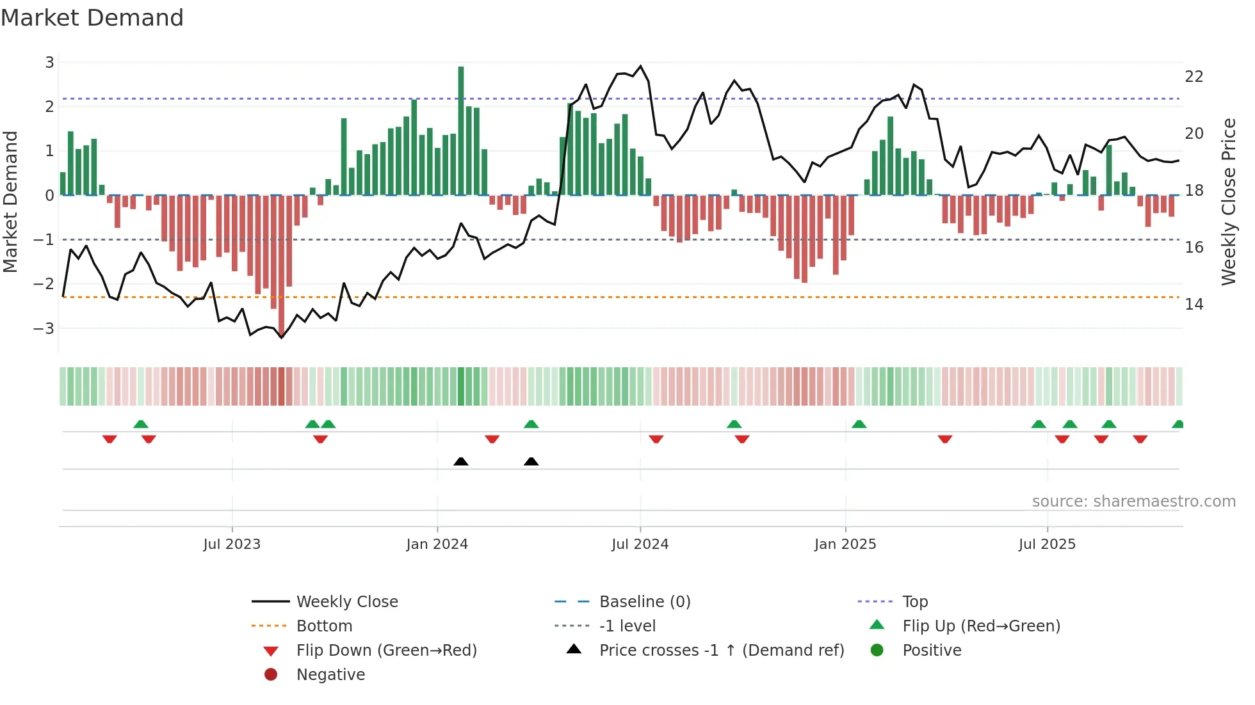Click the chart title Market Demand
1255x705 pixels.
[92, 18]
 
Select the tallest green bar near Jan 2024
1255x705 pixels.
[461, 131]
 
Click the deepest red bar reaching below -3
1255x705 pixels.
[282, 265]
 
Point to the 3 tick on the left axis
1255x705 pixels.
[49, 63]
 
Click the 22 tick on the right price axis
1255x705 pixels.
[1194, 77]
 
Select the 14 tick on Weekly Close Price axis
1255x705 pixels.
[1194, 305]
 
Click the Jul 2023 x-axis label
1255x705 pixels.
[232, 544]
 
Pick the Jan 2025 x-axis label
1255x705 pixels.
[845, 544]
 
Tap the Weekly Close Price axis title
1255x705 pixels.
[1228, 202]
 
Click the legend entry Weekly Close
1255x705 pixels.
[347, 602]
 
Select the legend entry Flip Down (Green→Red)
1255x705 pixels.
[386, 651]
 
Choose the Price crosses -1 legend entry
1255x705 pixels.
[722, 651]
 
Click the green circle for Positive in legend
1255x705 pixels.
[877, 651]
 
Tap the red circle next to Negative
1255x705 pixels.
[271, 675]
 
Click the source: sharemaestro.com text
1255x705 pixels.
[1133, 502]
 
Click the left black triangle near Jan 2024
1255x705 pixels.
[461, 461]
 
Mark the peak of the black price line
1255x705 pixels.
[640, 66]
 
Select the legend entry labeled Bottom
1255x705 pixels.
[324, 626]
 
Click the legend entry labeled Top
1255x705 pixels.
[915, 602]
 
